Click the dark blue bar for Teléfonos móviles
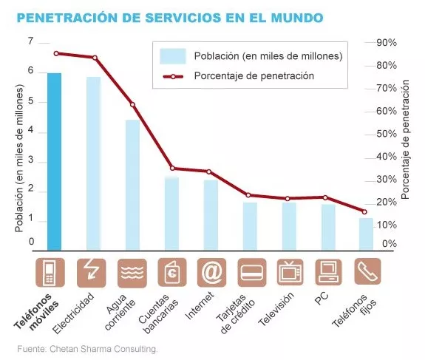(x=54, y=162)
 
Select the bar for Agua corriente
(x=132, y=185)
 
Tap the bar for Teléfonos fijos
(x=366, y=234)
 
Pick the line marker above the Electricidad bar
(x=95, y=58)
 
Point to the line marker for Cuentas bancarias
(x=173, y=169)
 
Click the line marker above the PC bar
(x=325, y=197)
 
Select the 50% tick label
(x=387, y=134)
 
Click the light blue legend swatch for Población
(x=173, y=56)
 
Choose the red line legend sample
(x=173, y=76)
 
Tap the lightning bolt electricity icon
(x=92, y=273)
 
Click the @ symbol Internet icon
(x=211, y=273)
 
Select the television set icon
(x=290, y=273)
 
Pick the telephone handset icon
(x=367, y=271)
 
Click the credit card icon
(x=252, y=273)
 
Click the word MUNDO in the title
(x=297, y=18)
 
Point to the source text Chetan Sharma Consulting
(x=103, y=349)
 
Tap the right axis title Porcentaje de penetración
(x=405, y=140)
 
